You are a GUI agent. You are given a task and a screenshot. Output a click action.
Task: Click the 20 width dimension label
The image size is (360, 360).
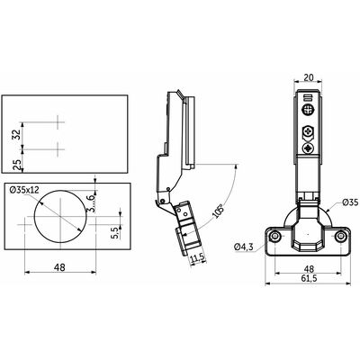309,77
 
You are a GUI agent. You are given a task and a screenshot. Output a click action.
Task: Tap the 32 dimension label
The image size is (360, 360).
17,134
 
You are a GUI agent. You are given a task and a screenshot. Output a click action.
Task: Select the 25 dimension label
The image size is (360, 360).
17,165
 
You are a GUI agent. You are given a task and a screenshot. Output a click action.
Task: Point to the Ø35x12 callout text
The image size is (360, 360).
24,190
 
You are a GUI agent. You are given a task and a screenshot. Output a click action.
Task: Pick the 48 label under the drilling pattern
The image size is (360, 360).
60,266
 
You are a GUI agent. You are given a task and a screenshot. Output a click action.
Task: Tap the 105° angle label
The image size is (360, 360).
217,211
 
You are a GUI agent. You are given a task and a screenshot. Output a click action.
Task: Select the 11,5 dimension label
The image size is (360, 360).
197,257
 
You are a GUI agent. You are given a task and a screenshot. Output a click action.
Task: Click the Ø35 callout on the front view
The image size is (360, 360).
351,203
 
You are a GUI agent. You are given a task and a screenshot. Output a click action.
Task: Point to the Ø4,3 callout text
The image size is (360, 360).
244,247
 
